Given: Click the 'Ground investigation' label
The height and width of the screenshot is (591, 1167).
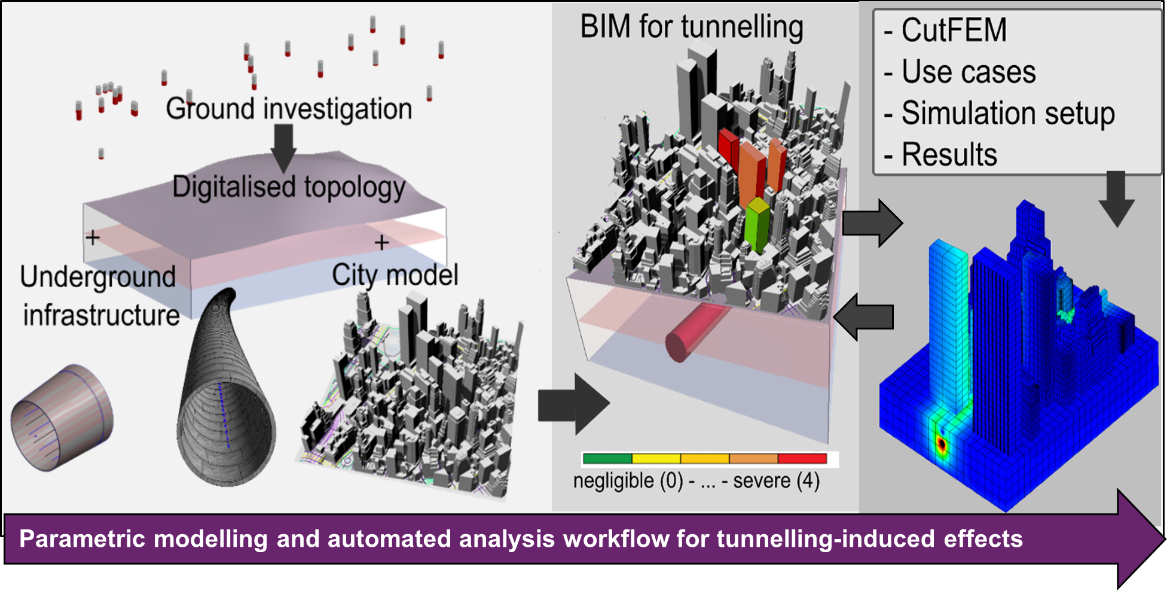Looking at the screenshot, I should click(x=289, y=109).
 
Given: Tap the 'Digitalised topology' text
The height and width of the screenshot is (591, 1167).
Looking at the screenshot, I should click(x=289, y=187).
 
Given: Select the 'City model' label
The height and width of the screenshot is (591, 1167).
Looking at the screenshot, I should click(x=395, y=275).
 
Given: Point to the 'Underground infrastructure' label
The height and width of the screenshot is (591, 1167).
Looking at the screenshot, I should click(x=99, y=296).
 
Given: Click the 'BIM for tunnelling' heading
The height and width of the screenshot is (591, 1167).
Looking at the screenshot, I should click(x=692, y=28).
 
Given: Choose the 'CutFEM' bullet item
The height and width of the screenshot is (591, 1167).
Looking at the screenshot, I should click(x=954, y=30).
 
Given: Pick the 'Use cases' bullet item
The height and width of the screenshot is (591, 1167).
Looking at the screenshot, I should click(x=968, y=72).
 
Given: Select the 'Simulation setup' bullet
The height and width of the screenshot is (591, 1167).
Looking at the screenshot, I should click(x=1007, y=113).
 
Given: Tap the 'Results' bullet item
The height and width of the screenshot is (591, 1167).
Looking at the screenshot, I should click(x=949, y=154).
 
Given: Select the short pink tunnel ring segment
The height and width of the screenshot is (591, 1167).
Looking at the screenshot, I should click(x=62, y=417).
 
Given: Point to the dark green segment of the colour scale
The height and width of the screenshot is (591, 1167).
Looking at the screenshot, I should click(x=607, y=459).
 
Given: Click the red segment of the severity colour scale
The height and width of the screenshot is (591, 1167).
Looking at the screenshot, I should click(x=802, y=459).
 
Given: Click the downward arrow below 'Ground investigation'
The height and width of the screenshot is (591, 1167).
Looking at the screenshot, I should click(x=283, y=147).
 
